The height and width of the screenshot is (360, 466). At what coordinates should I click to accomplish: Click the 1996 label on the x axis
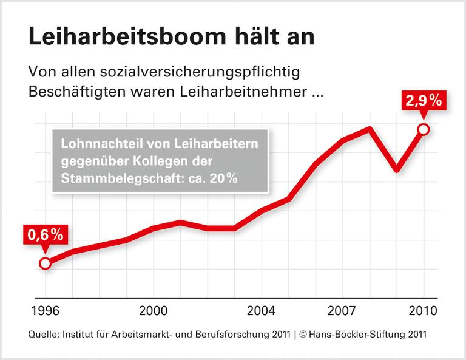click(46, 311)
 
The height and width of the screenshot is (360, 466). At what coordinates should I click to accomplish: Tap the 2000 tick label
click(154, 311)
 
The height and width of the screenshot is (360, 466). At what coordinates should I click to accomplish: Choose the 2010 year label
click(423, 311)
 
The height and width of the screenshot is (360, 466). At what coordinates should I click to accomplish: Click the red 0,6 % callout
click(44, 234)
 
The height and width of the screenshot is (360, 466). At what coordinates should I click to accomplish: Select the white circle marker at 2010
click(424, 129)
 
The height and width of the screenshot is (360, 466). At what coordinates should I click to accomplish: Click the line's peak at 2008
click(370, 129)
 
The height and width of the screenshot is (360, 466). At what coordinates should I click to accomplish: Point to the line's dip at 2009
click(396, 170)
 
